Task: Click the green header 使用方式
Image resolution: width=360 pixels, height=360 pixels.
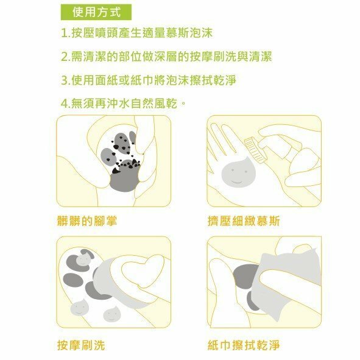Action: tap(96, 12)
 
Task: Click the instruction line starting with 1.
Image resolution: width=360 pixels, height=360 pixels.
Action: tap(137, 33)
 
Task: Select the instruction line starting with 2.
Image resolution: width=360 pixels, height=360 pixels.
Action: tap(166, 57)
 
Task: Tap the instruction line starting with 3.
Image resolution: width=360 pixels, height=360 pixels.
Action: tap(149, 80)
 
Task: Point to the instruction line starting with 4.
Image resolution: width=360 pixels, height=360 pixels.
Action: tap(123, 104)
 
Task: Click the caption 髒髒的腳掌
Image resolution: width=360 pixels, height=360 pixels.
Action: tap(87, 221)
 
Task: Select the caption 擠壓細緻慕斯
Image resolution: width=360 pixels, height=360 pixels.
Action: tap(244, 221)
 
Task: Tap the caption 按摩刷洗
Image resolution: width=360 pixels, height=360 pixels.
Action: tap(81, 345)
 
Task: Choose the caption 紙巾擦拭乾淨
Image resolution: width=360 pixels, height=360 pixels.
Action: tap(244, 345)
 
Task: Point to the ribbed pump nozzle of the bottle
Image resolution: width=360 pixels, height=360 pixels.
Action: tap(255, 150)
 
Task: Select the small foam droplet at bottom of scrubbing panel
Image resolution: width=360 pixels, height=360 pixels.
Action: tap(111, 314)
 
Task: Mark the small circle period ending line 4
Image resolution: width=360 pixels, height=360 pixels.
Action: tap(183, 102)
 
